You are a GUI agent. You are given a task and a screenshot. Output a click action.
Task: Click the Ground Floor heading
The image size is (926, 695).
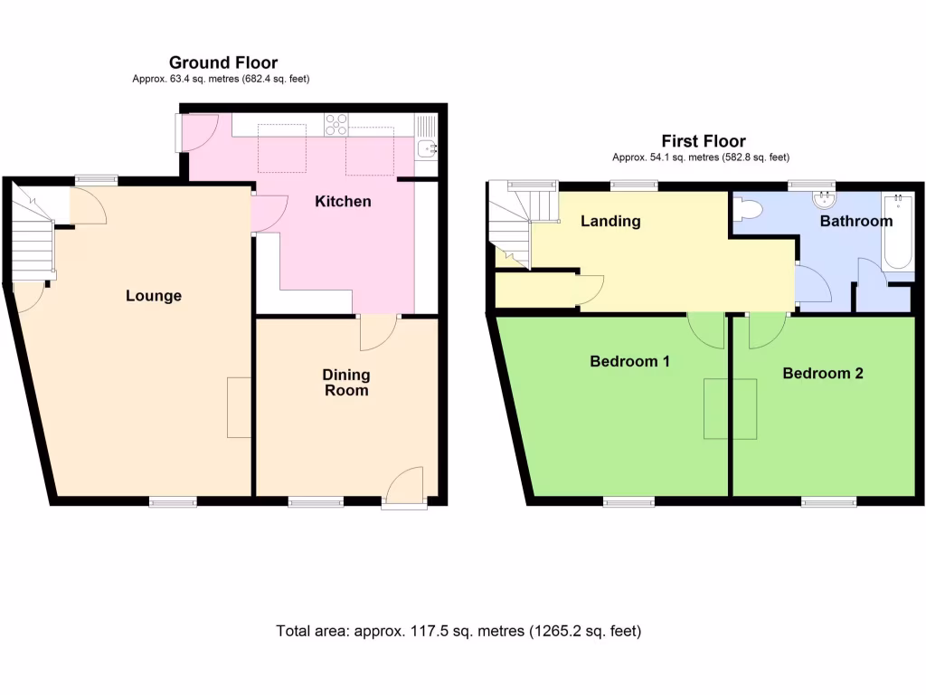223,62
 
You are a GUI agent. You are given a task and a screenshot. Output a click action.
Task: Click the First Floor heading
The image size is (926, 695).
703,141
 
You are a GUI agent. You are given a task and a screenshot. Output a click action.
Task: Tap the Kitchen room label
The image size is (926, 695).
343,201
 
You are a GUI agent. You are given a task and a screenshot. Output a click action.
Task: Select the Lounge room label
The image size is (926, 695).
154,296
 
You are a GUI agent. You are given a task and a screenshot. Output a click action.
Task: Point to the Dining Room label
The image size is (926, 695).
346,382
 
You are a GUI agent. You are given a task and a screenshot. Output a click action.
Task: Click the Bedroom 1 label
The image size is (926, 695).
629,362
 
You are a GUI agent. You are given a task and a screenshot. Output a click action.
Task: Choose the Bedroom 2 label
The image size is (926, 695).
822,373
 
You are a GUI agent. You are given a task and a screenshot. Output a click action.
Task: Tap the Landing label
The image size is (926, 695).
610,221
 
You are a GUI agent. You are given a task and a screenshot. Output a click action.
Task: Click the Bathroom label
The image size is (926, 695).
855,221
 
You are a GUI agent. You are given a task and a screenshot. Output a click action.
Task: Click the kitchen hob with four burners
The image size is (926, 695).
336,122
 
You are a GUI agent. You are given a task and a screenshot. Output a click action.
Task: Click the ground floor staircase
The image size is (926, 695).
33,237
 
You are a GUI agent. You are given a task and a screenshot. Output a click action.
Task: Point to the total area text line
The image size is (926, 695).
458,631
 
